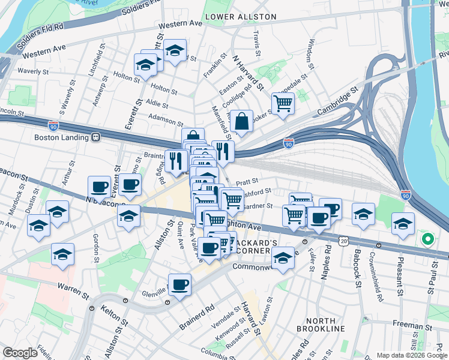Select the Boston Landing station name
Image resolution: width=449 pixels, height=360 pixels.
coord(62,137)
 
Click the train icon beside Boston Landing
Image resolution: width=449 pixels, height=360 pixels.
coord(95,137)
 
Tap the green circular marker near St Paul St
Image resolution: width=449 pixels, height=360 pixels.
coord(427,240)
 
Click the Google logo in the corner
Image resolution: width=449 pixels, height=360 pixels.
coord(20,353)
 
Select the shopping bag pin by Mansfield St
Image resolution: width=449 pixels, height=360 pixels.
coord(241,121)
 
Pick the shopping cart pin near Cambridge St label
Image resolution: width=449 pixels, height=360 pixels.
coord(283,103)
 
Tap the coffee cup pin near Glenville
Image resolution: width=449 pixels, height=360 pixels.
coord(179,284)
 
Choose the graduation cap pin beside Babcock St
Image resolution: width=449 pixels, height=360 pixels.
coord(363,214)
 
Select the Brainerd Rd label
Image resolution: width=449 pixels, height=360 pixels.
coord(196,319)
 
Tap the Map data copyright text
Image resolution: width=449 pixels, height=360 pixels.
coord(411,355)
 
